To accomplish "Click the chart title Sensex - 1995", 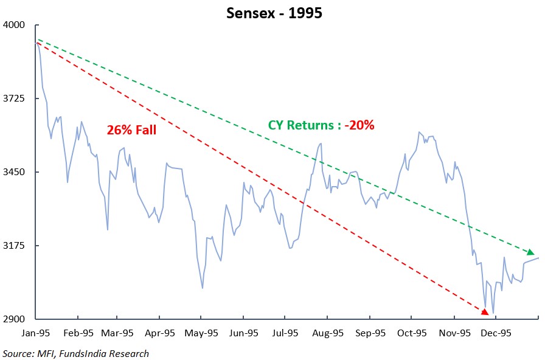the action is (274, 13).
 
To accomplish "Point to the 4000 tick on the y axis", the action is (14, 25).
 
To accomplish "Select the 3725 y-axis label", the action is (14, 99).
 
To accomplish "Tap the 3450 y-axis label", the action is (14, 172).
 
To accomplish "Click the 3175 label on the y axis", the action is (14, 245).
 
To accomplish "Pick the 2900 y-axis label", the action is (14, 319).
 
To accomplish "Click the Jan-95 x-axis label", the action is (35, 333).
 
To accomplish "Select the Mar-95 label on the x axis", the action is (117, 333).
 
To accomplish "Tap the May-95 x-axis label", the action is (201, 333).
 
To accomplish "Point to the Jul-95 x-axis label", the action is (285, 333).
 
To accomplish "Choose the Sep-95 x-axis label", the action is (370, 333).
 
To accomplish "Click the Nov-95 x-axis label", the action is (454, 333).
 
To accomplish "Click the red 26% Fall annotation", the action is (131, 130).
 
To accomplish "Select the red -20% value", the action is (359, 125).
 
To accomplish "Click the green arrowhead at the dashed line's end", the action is (530, 252).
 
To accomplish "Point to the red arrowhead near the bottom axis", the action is (485, 312).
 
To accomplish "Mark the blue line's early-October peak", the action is (419, 132).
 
